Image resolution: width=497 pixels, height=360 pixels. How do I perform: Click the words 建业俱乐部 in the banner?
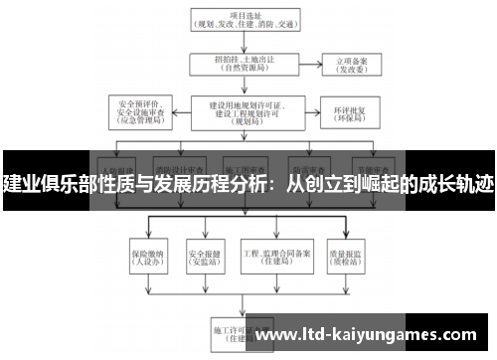[x=42, y=184]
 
